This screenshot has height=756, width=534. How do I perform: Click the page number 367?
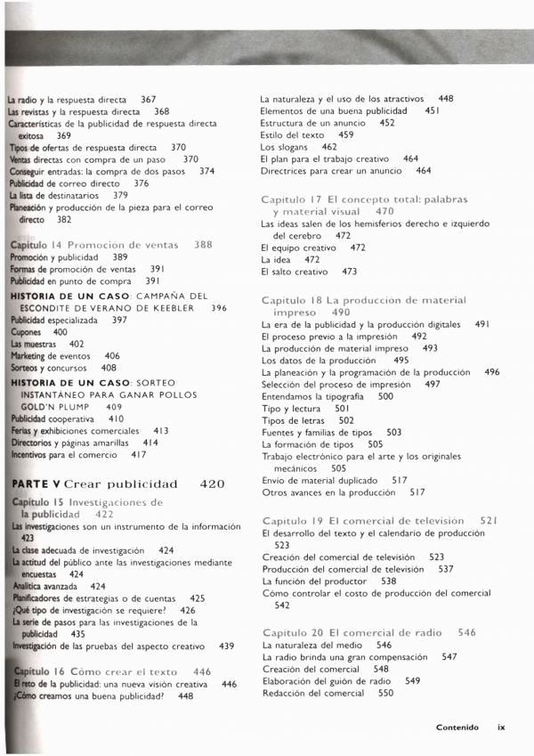148,100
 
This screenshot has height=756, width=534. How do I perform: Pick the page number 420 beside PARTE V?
212,484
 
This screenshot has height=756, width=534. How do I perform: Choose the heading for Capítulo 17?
364,206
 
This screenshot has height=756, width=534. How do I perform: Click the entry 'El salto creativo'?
294,272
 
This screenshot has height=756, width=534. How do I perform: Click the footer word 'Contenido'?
457,727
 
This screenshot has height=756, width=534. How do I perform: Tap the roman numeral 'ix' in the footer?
501,727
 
